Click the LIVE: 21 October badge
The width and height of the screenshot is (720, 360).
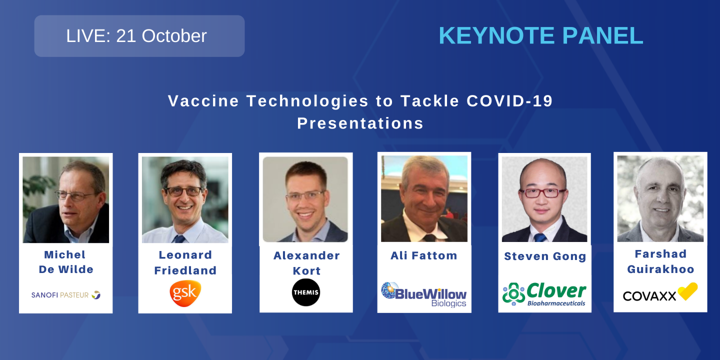(x=139, y=36)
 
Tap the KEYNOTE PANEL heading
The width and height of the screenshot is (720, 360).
(x=540, y=36)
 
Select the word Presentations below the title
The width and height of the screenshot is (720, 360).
(x=360, y=123)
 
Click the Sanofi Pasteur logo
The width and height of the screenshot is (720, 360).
(x=65, y=295)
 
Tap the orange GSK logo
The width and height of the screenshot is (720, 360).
(x=185, y=293)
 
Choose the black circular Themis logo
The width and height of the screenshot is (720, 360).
(x=306, y=292)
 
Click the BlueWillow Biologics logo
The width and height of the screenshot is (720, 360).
(x=424, y=294)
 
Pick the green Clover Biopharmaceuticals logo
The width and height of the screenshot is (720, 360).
(x=544, y=294)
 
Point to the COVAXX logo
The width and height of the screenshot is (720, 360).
(x=660, y=293)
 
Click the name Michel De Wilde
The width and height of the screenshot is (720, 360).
(x=65, y=262)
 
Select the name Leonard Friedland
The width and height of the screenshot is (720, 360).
(x=185, y=262)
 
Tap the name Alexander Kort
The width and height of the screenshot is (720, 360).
(x=306, y=263)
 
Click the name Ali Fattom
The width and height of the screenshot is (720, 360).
(x=424, y=255)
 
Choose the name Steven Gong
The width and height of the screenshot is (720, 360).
(x=544, y=256)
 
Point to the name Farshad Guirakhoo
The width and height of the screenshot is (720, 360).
(x=660, y=261)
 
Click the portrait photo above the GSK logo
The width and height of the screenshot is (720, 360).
(x=185, y=199)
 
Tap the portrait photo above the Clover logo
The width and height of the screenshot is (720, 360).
(x=544, y=199)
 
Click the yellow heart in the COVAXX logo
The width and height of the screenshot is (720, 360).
(x=687, y=291)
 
